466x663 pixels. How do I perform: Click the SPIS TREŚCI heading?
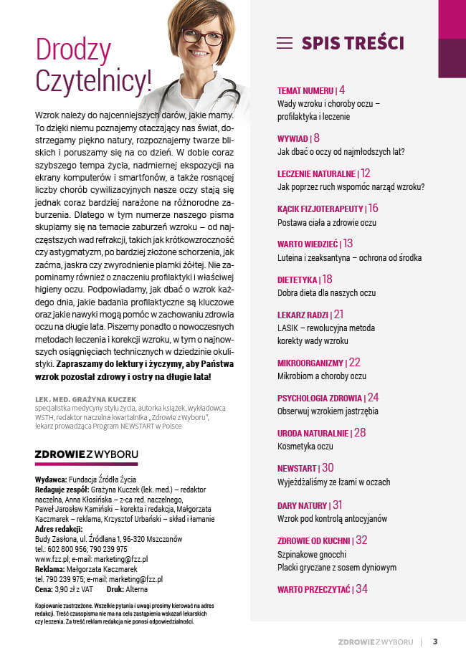pyautogui.click(x=353, y=43)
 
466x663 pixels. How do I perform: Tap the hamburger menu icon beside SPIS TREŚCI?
pyautogui.click(x=285, y=43)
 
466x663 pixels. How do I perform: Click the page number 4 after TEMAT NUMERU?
pyautogui.click(x=342, y=90)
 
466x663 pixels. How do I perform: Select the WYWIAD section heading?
pyautogui.click(x=293, y=138)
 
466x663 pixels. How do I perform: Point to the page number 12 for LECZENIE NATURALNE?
pyautogui.click(x=366, y=173)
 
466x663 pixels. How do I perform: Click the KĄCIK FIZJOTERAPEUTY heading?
pyautogui.click(x=320, y=209)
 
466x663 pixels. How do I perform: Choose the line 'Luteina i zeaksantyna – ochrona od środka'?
pyautogui.click(x=349, y=257)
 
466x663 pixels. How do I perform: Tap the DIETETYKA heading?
pyautogui.click(x=298, y=280)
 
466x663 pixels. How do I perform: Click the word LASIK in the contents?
pyautogui.click(x=288, y=328)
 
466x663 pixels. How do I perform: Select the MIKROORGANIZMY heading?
pyautogui.click(x=310, y=363)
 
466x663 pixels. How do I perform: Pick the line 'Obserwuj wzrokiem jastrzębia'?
pyautogui.click(x=328, y=411)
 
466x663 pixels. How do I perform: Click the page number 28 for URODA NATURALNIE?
pyautogui.click(x=360, y=433)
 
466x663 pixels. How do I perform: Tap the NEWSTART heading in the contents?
pyautogui.click(x=298, y=468)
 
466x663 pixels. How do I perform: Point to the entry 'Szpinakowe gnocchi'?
pyautogui.click(x=312, y=554)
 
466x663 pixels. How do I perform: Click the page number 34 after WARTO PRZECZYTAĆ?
pyautogui.click(x=361, y=589)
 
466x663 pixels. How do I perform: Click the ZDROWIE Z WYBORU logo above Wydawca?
pyautogui.click(x=86, y=454)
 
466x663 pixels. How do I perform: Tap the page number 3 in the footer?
pyautogui.click(x=435, y=641)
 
